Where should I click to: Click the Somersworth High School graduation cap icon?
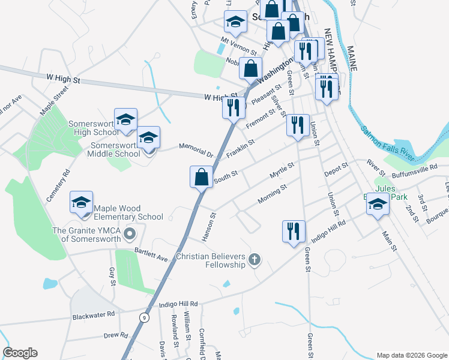pos(126,120)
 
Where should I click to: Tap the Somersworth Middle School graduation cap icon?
pos(148,138)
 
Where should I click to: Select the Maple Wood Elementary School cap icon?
pos(82,203)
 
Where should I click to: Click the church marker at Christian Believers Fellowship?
pos(255,260)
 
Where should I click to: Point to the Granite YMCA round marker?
pos(127,232)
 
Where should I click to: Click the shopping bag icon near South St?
pos(201,177)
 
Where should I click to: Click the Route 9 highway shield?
pos(143,317)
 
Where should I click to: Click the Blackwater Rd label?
pos(93,315)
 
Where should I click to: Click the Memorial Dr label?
pos(196,149)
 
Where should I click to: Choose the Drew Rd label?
pos(116,335)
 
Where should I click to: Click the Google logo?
pos(20,353)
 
